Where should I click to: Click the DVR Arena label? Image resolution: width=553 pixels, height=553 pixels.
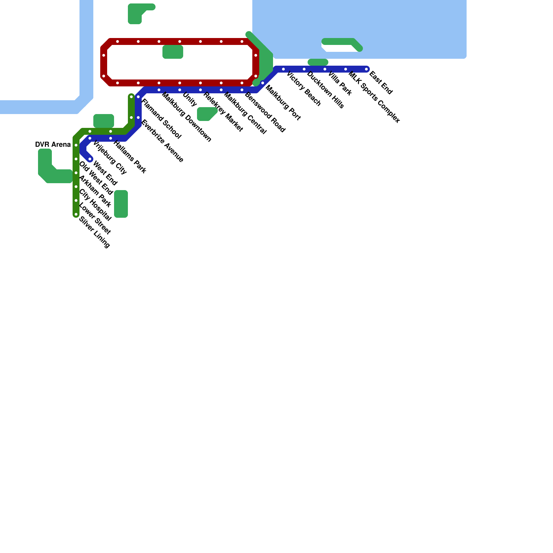coord(53,144)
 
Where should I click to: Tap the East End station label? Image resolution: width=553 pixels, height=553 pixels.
coord(381,83)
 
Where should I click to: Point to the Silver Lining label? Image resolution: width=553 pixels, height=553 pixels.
coord(94,232)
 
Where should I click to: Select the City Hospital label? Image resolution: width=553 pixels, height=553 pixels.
coord(95,205)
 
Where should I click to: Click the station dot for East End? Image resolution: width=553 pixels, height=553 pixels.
coord(366,69)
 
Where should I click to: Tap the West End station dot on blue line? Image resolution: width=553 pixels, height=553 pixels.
coord(90,159)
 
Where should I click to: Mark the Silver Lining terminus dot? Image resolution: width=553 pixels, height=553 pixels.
coord(76,214)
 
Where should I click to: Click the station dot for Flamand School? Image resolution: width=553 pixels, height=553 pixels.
coord(138,97)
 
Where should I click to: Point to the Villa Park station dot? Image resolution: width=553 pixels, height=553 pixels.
coord(325,69)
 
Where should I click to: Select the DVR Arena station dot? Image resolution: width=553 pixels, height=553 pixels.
coord(76,145)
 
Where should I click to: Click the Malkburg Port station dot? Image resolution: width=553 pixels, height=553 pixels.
coord(263,83)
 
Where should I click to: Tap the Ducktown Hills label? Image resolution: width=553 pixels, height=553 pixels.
coord(326,90)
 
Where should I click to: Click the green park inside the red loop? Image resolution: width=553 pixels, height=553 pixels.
coord(173,52)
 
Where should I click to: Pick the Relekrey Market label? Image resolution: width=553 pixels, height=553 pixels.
coord(223,112)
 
